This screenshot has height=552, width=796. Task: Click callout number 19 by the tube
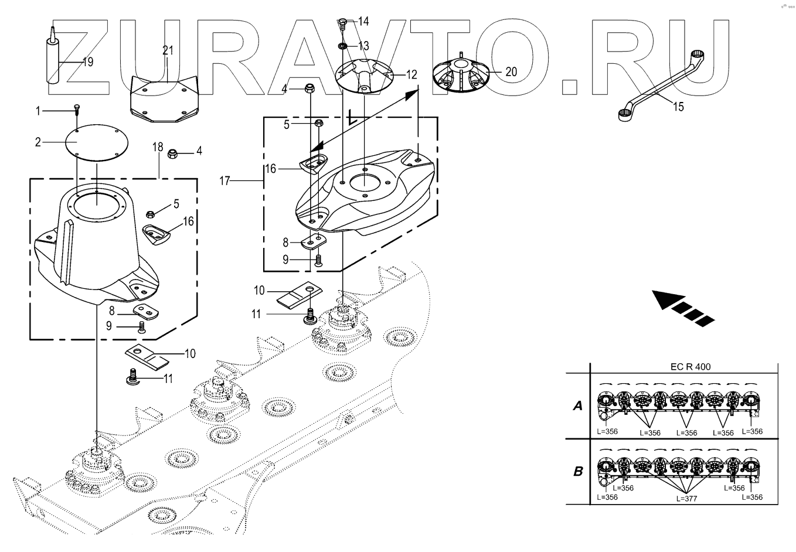pyautogui.click(x=88, y=62)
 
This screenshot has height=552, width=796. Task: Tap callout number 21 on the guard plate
pyautogui.click(x=168, y=51)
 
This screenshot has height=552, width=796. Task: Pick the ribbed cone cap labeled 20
pyautogui.click(x=462, y=76)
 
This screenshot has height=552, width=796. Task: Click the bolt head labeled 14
pyautogui.click(x=343, y=24)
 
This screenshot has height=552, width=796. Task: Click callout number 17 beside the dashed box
pyautogui.click(x=225, y=181)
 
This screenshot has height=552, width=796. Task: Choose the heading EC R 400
pyautogui.click(x=690, y=367)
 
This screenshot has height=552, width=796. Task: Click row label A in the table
pyautogui.click(x=577, y=406)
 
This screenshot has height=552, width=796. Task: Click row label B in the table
pyautogui.click(x=577, y=471)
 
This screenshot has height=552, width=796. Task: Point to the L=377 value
pyautogui.click(x=687, y=498)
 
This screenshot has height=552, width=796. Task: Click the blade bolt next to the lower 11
pyautogui.click(x=132, y=377)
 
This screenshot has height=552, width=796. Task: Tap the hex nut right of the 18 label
pyautogui.click(x=174, y=154)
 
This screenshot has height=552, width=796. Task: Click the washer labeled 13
pyautogui.click(x=342, y=45)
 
